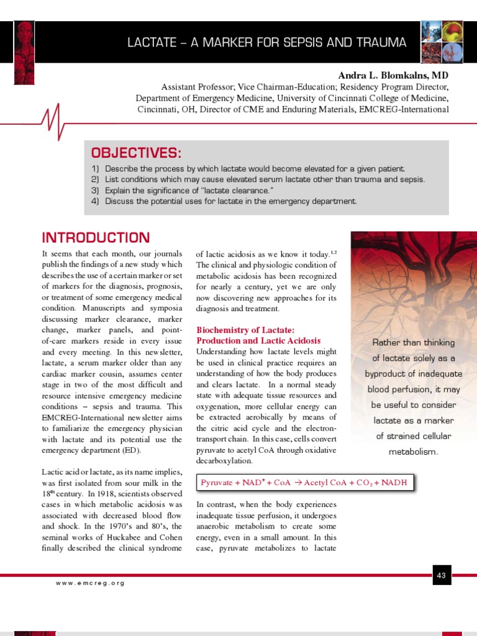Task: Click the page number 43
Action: [442, 576]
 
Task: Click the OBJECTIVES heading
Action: [137, 153]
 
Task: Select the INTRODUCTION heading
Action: [96, 238]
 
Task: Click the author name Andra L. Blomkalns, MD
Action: [393, 74]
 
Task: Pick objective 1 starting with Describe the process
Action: [248, 169]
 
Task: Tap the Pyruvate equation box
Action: [305, 483]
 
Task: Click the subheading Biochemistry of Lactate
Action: [245, 329]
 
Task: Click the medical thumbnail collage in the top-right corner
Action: [444, 43]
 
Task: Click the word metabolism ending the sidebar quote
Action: [413, 452]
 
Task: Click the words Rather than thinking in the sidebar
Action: [413, 343]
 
